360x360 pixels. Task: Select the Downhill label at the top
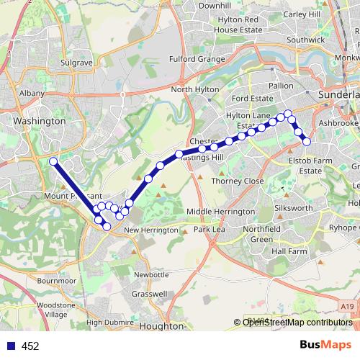[x=215, y=5]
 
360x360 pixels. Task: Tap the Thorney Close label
[x=237, y=181]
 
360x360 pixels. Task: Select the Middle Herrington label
[x=220, y=212]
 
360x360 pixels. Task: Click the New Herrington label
[x=150, y=230]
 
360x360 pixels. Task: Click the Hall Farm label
[x=289, y=252]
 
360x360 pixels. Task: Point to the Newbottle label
[x=150, y=274]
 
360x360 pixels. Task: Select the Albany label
[x=32, y=94]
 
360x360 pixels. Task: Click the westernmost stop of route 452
[x=53, y=161]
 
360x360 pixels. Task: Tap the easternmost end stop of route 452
[x=306, y=141]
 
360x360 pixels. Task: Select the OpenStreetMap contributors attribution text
[x=297, y=322]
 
